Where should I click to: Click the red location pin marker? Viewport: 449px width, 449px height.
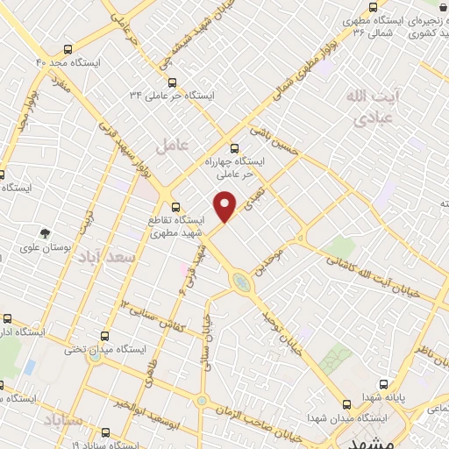coord(226,205)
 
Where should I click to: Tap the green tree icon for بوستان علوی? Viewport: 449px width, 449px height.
coord(44,233)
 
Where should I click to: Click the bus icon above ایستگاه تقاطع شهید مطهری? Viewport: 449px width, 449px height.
coord(176,207)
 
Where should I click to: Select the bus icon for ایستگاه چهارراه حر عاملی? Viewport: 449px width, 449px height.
coord(233,148)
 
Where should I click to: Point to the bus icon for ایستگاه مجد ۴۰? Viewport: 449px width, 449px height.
coord(69,51)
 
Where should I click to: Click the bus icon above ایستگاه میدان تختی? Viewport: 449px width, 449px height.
coord(105,335)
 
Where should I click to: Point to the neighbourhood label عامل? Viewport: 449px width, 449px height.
coord(173,146)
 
